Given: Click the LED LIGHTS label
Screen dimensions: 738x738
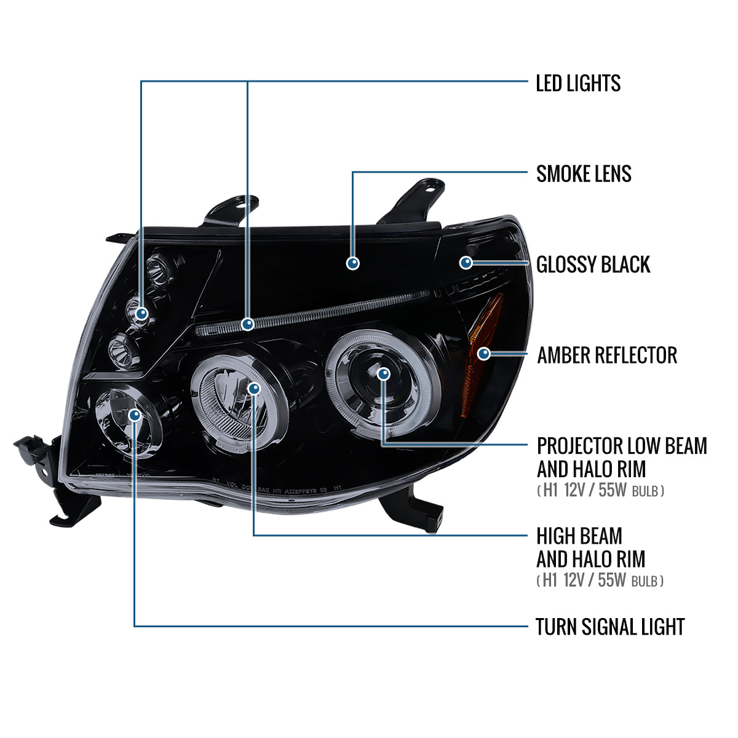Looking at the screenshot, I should (x=578, y=83).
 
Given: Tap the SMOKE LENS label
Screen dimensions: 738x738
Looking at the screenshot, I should (x=584, y=174).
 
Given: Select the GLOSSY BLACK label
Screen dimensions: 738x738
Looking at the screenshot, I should (x=593, y=264).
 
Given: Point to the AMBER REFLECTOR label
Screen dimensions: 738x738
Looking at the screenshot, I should (x=606, y=355).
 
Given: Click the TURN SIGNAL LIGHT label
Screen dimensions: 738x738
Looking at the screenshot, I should (x=609, y=627).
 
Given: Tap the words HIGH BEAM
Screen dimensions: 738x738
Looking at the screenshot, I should (x=579, y=536).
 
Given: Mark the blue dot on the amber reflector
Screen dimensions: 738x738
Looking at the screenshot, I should (x=484, y=354).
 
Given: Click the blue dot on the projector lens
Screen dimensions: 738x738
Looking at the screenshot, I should (x=384, y=373).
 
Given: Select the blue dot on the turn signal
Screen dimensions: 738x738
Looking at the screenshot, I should (x=135, y=416).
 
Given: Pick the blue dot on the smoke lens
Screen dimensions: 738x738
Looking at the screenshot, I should (x=353, y=263).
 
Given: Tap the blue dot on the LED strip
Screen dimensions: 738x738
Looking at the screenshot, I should (x=248, y=323).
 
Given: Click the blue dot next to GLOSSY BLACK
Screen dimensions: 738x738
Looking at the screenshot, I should (x=466, y=263).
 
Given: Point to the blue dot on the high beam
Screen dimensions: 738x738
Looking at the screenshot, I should (x=254, y=388).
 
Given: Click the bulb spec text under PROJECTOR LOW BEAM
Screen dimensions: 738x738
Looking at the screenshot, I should (x=600, y=491).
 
